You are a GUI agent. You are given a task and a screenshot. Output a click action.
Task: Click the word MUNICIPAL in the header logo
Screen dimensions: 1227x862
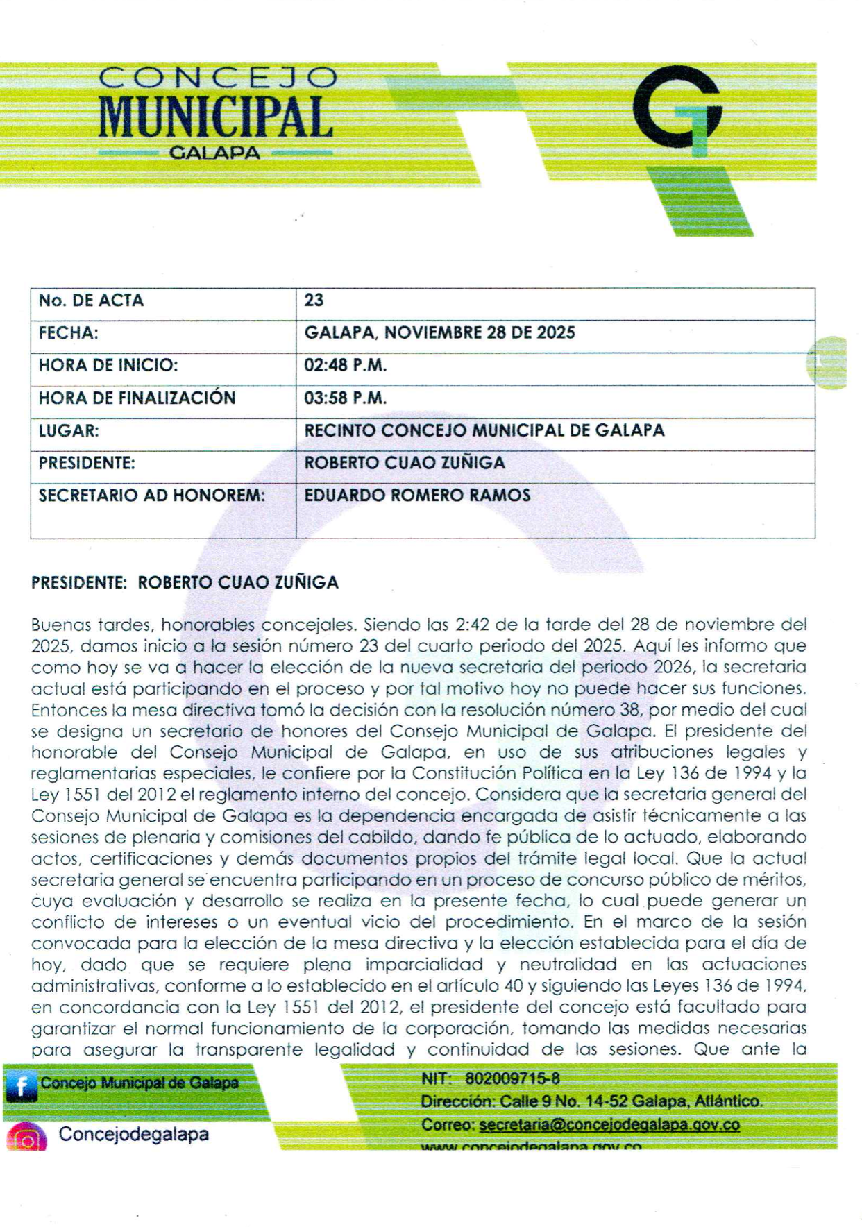[x=214, y=116]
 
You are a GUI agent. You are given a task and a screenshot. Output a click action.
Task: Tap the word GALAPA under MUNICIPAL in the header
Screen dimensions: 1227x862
[x=214, y=153]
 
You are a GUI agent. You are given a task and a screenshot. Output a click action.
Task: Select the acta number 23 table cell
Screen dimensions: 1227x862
[x=314, y=301]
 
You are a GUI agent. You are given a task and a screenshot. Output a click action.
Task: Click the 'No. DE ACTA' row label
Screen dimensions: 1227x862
[x=91, y=301]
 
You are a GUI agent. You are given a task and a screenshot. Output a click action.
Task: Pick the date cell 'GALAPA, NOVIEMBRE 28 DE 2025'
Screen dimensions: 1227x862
[x=439, y=332]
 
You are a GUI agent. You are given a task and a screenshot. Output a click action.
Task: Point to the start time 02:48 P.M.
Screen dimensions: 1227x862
[x=345, y=365]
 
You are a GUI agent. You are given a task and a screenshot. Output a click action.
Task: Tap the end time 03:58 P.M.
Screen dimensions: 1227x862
[x=345, y=398]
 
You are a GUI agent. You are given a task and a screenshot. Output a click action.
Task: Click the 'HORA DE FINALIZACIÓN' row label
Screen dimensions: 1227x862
[x=137, y=398]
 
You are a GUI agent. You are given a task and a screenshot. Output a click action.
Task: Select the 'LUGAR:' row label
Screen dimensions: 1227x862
[x=69, y=430]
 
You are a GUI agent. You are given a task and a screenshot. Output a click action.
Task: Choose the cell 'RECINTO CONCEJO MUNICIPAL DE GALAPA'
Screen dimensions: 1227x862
[x=484, y=430]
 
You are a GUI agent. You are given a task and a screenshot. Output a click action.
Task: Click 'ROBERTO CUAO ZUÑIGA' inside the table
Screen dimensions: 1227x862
[x=404, y=463]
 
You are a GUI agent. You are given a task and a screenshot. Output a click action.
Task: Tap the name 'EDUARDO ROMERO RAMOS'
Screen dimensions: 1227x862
[x=417, y=495]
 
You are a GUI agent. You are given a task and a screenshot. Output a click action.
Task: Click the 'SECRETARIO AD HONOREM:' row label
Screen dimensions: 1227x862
[x=151, y=496]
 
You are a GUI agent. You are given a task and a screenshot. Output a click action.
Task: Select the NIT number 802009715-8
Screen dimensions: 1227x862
[x=512, y=1078]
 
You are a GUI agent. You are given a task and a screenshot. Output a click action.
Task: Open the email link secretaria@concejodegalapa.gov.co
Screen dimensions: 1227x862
[x=609, y=1124]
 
